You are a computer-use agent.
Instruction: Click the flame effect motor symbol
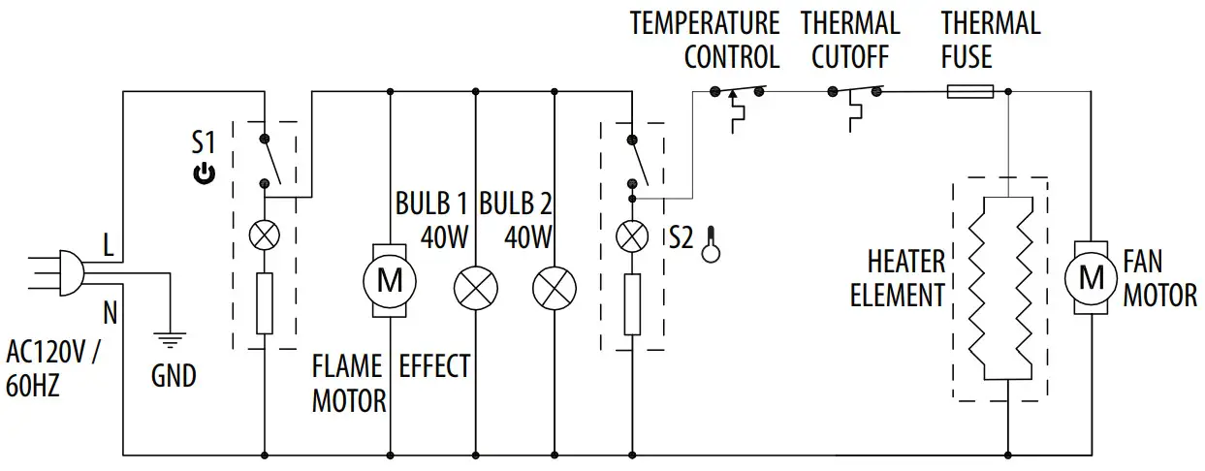(x=390, y=281)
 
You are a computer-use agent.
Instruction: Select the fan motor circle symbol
(x=1092, y=278)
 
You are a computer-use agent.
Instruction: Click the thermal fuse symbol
(x=969, y=92)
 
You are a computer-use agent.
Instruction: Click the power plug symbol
(x=68, y=272)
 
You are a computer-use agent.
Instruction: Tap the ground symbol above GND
(x=170, y=339)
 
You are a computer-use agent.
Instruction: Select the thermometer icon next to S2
(x=712, y=243)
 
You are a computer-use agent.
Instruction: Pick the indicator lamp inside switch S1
(x=264, y=235)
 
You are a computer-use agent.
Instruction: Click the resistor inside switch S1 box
(x=264, y=303)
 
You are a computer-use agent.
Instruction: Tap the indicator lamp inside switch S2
(x=632, y=235)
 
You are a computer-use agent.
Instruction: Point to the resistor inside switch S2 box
(x=632, y=303)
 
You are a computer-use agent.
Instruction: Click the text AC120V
(x=48, y=351)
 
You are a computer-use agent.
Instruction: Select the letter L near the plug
(x=109, y=247)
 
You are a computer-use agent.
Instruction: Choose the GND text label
(x=174, y=375)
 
